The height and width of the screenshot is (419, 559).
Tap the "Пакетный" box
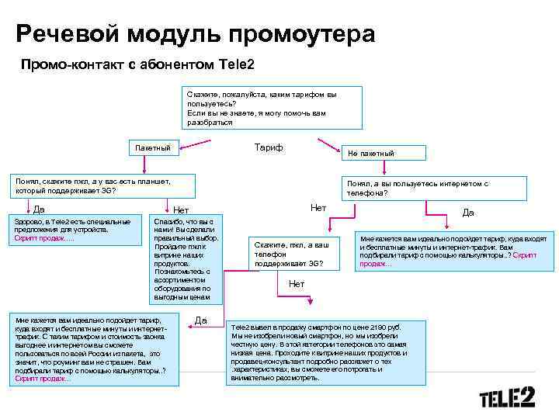155,147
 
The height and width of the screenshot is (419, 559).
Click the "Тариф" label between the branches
268,147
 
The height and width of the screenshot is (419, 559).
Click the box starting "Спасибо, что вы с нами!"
184,259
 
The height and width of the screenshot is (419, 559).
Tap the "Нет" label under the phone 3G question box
296,285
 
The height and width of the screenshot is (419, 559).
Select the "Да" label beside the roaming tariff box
200,320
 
